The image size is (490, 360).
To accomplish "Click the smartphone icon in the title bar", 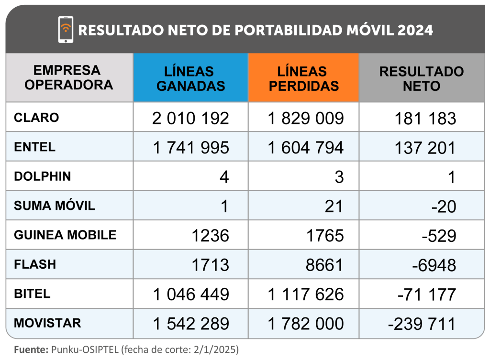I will pos(66,30).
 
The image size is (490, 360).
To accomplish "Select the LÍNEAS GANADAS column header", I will pos(190,78).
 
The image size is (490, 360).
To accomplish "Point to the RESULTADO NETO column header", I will pos(421,78).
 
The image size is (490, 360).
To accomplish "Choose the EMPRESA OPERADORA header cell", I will pos(69,77).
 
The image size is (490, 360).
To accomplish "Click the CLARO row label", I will pos(36,118).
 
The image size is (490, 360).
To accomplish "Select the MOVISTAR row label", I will pos(47,323).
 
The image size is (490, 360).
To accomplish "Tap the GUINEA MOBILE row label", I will pos(65,235).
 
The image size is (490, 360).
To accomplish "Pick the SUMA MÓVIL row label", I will pos(55,206).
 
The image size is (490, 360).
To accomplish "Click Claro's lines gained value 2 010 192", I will pos(191,118).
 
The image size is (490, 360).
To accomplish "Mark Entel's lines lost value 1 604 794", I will pos(305,148).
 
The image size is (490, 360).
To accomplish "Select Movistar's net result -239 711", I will pos(422,324).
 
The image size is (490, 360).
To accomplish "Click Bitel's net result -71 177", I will pos(426,294).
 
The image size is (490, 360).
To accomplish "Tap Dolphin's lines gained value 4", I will pos(224,177).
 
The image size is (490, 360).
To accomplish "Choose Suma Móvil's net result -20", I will pos(443,207).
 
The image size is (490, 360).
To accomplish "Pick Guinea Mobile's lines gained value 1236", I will pos(211,235).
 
